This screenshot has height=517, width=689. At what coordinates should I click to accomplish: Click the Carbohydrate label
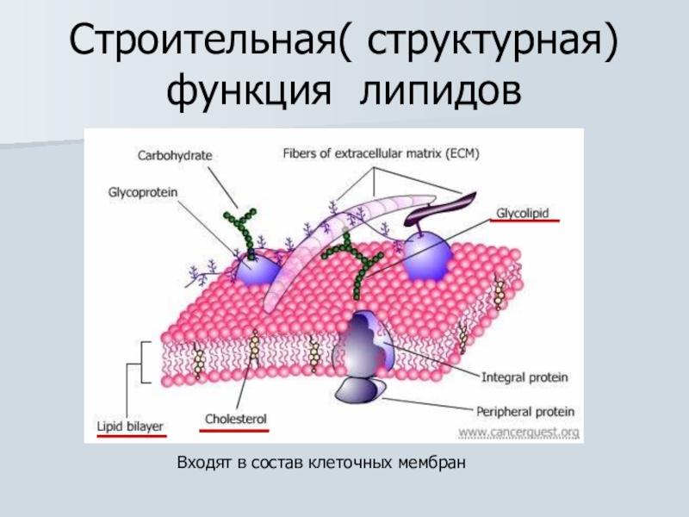click(x=175, y=156)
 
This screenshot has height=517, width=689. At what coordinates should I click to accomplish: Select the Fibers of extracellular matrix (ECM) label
click(x=381, y=154)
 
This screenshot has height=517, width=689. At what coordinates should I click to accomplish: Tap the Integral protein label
click(x=524, y=377)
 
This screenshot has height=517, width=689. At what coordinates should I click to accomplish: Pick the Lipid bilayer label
click(x=130, y=425)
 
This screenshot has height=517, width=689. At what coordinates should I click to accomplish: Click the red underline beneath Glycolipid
click(x=525, y=221)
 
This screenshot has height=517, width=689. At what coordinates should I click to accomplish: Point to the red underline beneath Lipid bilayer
click(x=131, y=435)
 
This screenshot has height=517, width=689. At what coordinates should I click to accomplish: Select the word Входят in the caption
click(x=202, y=464)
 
